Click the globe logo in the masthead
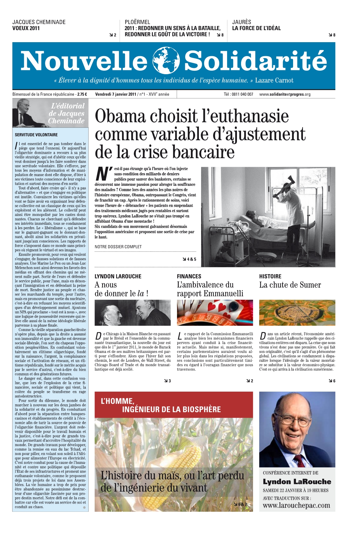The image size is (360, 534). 166,60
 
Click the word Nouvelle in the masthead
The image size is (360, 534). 84,61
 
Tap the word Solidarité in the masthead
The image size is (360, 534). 255,61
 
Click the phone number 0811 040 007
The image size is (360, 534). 243,94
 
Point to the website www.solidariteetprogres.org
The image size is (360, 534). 285,94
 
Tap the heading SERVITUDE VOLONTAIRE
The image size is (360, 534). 36,135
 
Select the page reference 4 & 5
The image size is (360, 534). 190,259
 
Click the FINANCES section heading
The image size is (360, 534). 189,277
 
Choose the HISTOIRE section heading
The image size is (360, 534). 270,277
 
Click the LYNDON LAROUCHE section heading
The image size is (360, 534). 118,277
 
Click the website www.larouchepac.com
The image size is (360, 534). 296,505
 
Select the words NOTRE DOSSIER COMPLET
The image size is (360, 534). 118,247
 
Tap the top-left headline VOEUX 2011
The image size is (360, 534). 26,28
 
